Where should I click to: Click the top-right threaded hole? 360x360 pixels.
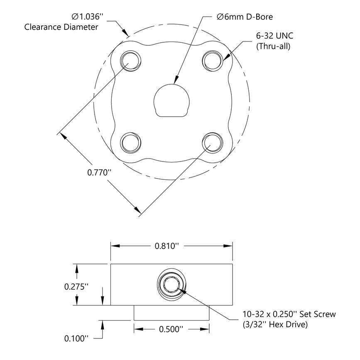pyautogui.click(x=212, y=61)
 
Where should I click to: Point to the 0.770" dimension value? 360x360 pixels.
pyautogui.click(x=100, y=172)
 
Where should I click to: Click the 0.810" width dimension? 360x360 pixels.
pyautogui.click(x=167, y=245)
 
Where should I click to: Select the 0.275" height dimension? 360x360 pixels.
pyautogui.click(x=76, y=286)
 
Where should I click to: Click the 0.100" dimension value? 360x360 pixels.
pyautogui.click(x=76, y=338)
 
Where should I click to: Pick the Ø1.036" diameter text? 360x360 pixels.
pyautogui.click(x=87, y=17)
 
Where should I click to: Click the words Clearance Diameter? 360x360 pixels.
pyautogui.click(x=61, y=27)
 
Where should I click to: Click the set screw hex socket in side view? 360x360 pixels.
pyautogui.click(x=171, y=285)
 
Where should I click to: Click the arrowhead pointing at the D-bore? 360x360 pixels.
pyautogui.click(x=176, y=79)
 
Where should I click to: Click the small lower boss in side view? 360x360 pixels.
pyautogui.click(x=171, y=312)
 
